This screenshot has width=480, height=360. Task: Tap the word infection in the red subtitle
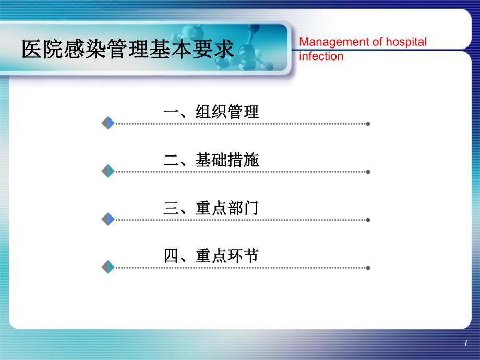coord(321,56)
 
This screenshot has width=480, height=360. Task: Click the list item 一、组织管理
coord(211,112)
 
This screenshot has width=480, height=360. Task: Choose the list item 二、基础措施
coord(211,160)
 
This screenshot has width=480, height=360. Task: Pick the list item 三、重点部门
coord(211,208)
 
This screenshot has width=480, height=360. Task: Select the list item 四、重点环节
coord(211,256)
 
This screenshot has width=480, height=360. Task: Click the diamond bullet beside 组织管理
coord(108,124)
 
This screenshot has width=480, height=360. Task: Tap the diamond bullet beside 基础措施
coord(108,171)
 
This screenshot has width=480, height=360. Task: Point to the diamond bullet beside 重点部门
coord(108,219)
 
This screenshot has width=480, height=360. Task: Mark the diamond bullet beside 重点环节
coord(108,267)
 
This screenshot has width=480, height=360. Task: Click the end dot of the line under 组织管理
coord(368,124)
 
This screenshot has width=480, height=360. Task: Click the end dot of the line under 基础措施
coord(368,172)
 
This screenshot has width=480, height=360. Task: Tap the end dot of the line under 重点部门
coord(368,220)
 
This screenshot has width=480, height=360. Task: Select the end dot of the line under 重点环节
coord(368,268)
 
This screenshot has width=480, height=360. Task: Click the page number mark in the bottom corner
coord(465,343)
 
